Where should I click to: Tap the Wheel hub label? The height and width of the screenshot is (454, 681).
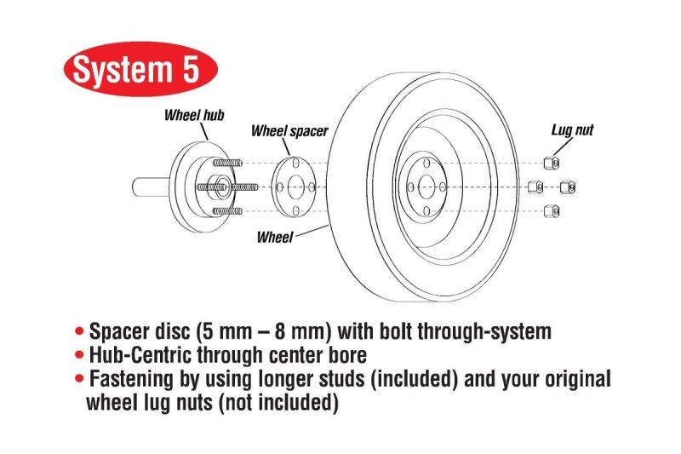point(194,115)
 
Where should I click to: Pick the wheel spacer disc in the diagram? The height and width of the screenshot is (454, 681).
point(295,187)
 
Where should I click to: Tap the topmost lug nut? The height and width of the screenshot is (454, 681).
point(551,162)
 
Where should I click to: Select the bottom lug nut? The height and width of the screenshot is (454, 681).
point(551,210)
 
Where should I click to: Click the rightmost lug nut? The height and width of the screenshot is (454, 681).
point(569,187)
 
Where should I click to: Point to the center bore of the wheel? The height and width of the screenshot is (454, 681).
point(423,187)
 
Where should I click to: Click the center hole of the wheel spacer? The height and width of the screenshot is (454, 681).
point(294,187)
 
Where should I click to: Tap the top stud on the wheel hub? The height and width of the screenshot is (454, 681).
point(228,162)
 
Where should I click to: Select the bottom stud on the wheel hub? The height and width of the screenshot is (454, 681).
point(228,210)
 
